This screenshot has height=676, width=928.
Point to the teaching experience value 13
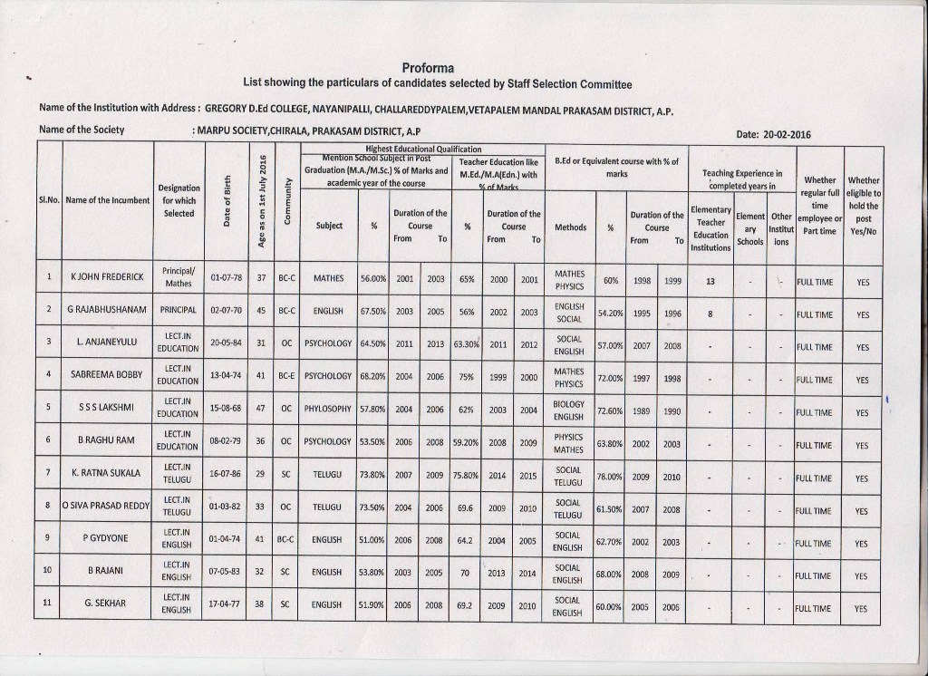pyautogui.click(x=710, y=281)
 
